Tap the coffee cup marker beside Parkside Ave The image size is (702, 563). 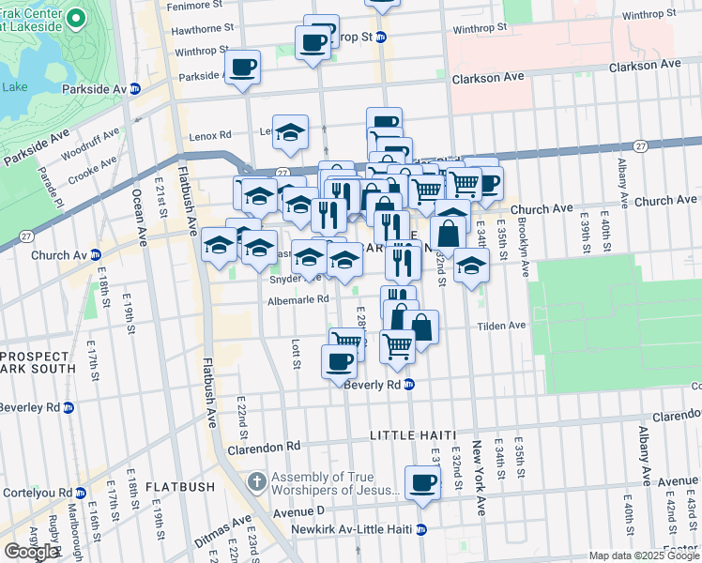coord(243,68)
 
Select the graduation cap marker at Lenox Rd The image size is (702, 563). coord(291,132)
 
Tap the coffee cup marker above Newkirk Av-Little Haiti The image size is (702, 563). coord(422,483)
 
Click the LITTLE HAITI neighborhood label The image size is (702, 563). coord(412,435)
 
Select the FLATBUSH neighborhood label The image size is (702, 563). coord(177,487)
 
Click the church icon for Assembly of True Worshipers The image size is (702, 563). coord(257,482)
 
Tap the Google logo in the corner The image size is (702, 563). coord(31,552)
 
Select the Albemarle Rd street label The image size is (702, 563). coord(298,299)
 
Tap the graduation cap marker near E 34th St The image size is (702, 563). coord(471,266)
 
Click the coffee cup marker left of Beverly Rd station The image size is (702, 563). coord(339,361)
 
